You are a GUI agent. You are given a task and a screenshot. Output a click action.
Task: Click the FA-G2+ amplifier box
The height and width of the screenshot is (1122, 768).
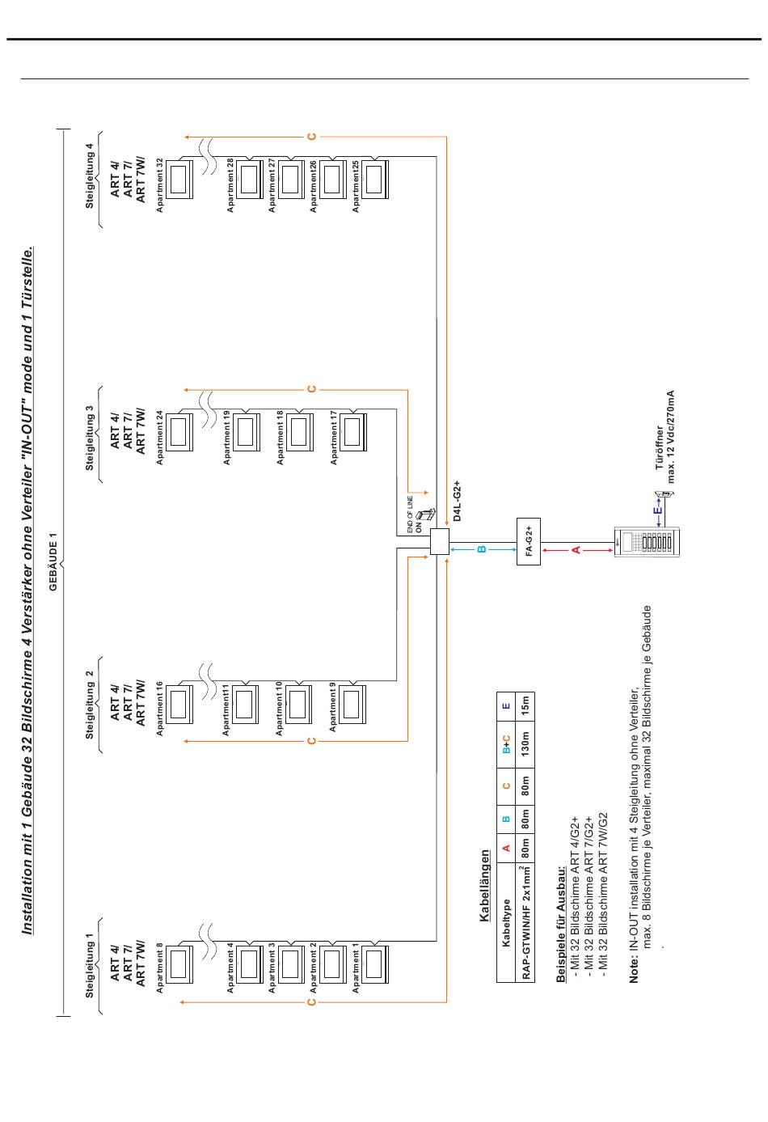point(528,541)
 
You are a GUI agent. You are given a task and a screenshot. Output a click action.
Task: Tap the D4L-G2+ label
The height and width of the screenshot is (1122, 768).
point(457,500)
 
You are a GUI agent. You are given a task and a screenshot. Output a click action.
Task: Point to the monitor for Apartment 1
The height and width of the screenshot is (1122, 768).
point(374,963)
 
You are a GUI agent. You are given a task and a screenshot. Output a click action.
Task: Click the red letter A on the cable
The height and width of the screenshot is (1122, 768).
point(576,550)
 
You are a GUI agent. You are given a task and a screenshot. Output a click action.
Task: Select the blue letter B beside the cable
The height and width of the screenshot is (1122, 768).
point(482,550)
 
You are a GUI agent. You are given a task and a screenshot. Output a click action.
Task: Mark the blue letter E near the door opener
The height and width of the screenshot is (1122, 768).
point(658,510)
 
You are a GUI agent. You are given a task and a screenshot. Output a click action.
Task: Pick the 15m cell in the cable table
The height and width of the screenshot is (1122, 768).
point(525,705)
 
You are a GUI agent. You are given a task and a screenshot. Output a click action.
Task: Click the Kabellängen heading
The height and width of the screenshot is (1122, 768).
point(484,885)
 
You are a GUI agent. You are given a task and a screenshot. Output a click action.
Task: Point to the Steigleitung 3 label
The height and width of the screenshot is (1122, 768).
point(90,438)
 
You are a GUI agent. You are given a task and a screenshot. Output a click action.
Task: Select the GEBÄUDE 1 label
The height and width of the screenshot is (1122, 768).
point(53,561)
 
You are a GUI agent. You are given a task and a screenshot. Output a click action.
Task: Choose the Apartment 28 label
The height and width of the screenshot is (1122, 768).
point(230,185)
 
